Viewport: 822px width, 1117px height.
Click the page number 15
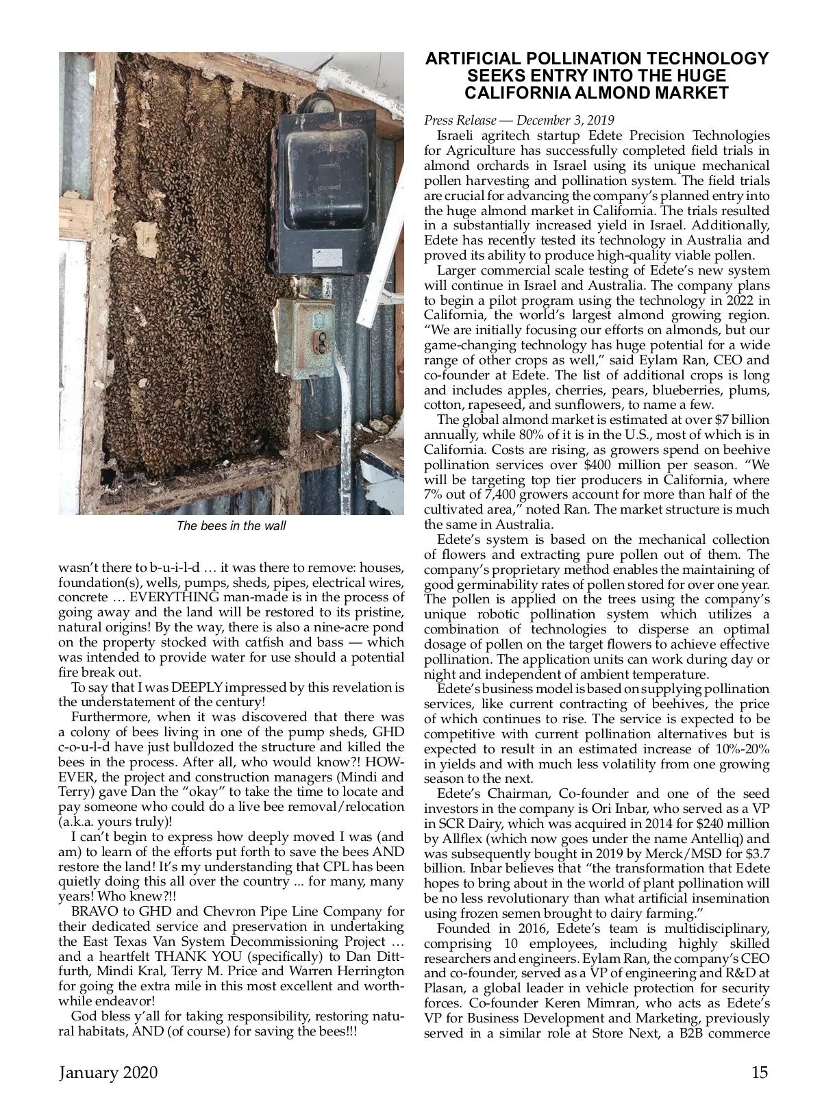pos(760,1072)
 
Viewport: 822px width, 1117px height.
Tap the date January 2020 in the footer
pos(108,1072)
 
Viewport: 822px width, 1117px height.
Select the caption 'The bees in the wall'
pos(231,526)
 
